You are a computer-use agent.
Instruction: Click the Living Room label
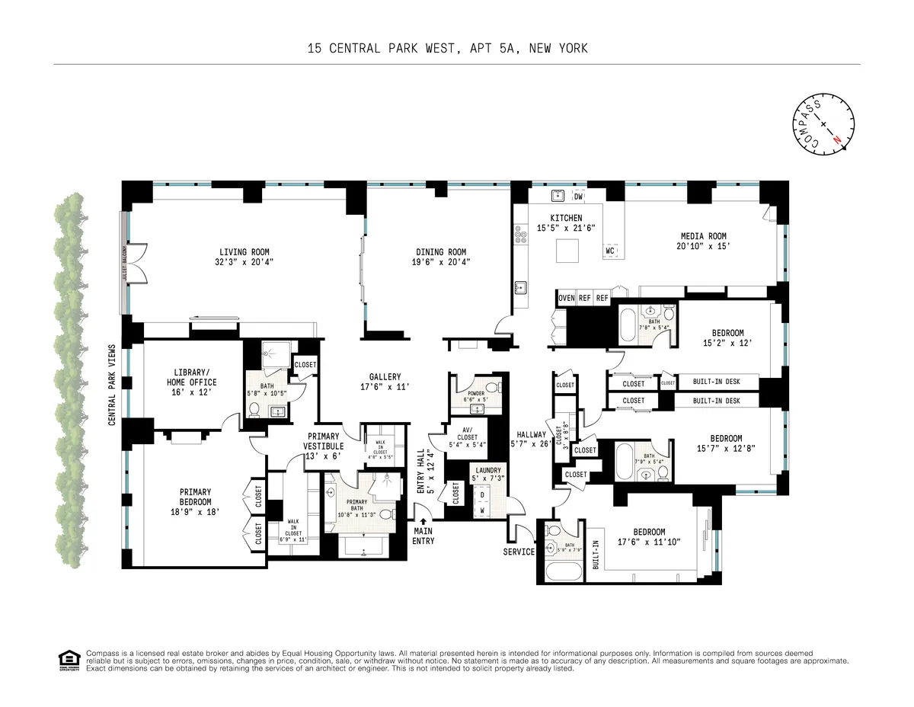[x=244, y=252]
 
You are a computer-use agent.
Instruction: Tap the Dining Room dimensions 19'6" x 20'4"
[x=441, y=262]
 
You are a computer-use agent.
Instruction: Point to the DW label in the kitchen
[x=578, y=197]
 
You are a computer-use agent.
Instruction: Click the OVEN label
[x=566, y=298]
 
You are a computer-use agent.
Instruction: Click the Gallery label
[x=385, y=377]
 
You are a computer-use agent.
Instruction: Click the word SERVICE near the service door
[x=519, y=552]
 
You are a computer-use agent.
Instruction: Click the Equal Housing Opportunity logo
[x=69, y=660]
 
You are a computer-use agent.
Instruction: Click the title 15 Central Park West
[x=447, y=49]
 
